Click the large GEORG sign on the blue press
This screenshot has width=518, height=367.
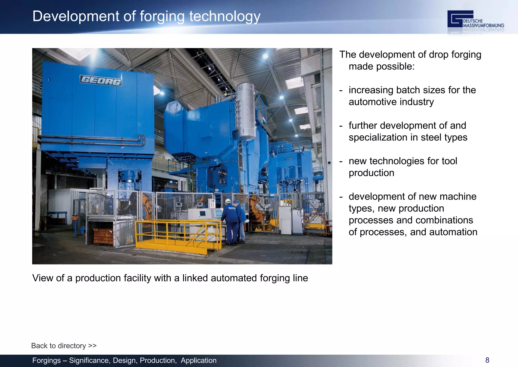101,81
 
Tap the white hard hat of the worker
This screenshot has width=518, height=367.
228,201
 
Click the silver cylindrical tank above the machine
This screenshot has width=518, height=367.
245,111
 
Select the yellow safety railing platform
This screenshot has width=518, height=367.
177,235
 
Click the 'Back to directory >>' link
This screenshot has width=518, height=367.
64,345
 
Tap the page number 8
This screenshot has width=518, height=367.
487,360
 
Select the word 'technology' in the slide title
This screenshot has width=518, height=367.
225,16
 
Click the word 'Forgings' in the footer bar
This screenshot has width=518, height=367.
47,360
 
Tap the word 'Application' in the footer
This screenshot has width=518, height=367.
199,360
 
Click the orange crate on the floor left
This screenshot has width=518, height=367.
103,237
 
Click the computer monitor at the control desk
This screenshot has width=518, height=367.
203,214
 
